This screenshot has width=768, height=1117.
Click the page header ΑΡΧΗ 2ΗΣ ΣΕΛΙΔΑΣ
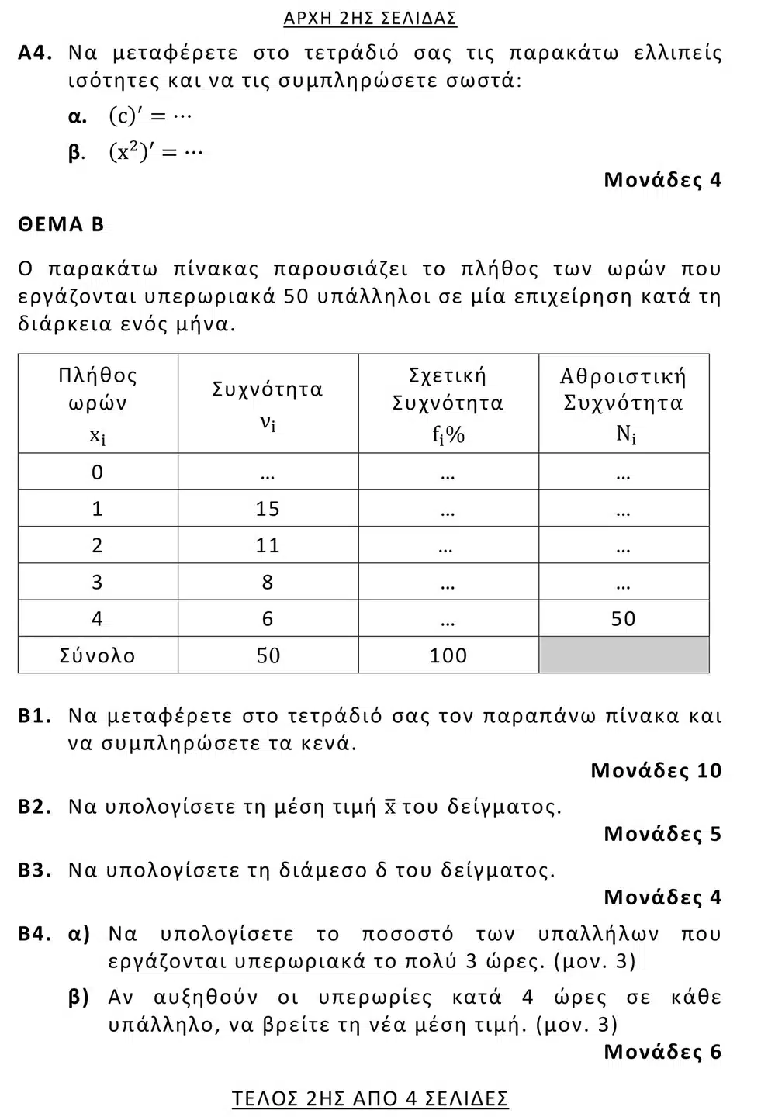point(370,18)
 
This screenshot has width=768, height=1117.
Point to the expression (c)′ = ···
point(150,116)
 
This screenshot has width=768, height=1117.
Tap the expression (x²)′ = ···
point(155,152)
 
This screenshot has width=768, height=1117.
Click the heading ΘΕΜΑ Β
point(61,225)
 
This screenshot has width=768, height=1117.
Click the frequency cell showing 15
point(268,509)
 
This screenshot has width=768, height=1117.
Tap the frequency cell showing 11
point(268,545)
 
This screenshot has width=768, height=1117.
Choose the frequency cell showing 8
point(268,582)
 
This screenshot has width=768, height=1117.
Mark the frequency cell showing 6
point(268,618)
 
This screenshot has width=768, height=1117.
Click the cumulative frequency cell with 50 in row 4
point(623,618)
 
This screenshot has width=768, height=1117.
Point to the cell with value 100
point(448,655)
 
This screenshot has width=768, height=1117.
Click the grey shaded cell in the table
point(623,655)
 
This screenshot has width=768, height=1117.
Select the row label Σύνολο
point(97,655)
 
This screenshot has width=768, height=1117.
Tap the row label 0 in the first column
point(97,472)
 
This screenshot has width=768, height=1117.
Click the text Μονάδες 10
point(656,770)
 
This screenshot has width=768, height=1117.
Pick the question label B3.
point(35,870)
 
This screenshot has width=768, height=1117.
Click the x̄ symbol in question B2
point(390,807)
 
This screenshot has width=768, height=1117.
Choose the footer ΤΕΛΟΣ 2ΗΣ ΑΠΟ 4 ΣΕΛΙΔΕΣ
point(370,1098)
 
